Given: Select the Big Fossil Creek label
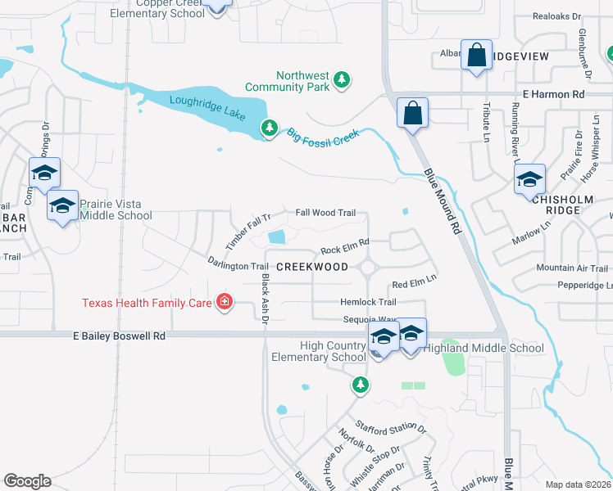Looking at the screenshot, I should [x=323, y=134].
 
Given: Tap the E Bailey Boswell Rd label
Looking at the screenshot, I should [x=119, y=336].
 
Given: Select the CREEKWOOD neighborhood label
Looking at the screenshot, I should [x=313, y=267].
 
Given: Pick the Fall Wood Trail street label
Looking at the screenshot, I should [x=325, y=213].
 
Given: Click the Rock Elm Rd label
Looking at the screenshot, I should [x=345, y=246].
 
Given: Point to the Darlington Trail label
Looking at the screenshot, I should [x=238, y=265].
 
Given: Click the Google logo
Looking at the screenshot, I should [x=27, y=480].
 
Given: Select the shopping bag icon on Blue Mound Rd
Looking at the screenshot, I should [x=413, y=113].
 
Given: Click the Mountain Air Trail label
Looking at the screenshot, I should [x=571, y=268].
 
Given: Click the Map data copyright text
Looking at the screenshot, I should [x=578, y=484].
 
